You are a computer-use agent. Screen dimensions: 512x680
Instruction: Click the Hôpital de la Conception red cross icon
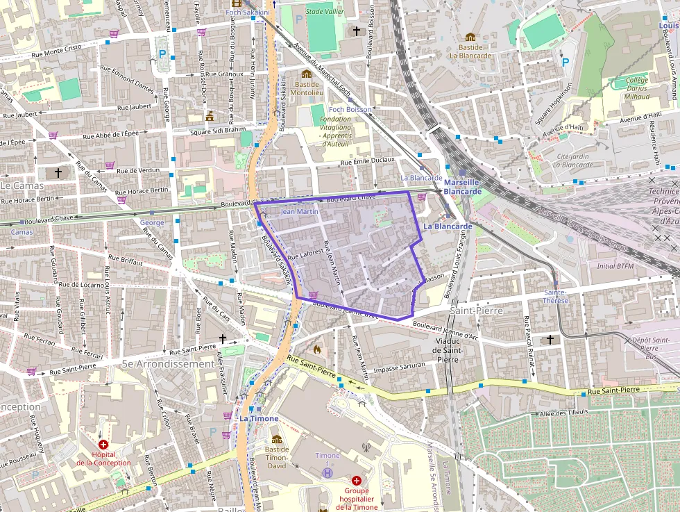pyautogui.click(x=103, y=444)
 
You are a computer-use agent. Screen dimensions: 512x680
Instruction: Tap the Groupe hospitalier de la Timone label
pyautogui.click(x=357, y=498)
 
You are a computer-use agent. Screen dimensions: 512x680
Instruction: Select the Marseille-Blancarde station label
pyautogui.click(x=462, y=187)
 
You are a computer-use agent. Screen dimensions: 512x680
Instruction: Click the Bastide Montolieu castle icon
pyautogui.click(x=307, y=74)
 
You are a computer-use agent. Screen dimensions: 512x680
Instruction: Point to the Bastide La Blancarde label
pyautogui.click(x=470, y=51)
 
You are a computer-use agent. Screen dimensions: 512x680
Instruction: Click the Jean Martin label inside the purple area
pyautogui.click(x=299, y=211)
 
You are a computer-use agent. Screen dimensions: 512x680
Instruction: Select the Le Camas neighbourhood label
pyautogui.click(x=22, y=186)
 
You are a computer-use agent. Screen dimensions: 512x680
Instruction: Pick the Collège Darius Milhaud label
pyautogui.click(x=636, y=88)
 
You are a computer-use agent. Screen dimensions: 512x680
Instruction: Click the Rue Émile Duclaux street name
pyautogui.click(x=367, y=162)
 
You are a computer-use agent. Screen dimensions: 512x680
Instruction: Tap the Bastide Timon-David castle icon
pyautogui.click(x=277, y=439)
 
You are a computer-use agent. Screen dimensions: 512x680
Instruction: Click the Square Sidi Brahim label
pyautogui.click(x=218, y=130)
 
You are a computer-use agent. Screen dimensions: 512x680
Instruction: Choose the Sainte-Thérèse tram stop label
pyautogui.click(x=556, y=297)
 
